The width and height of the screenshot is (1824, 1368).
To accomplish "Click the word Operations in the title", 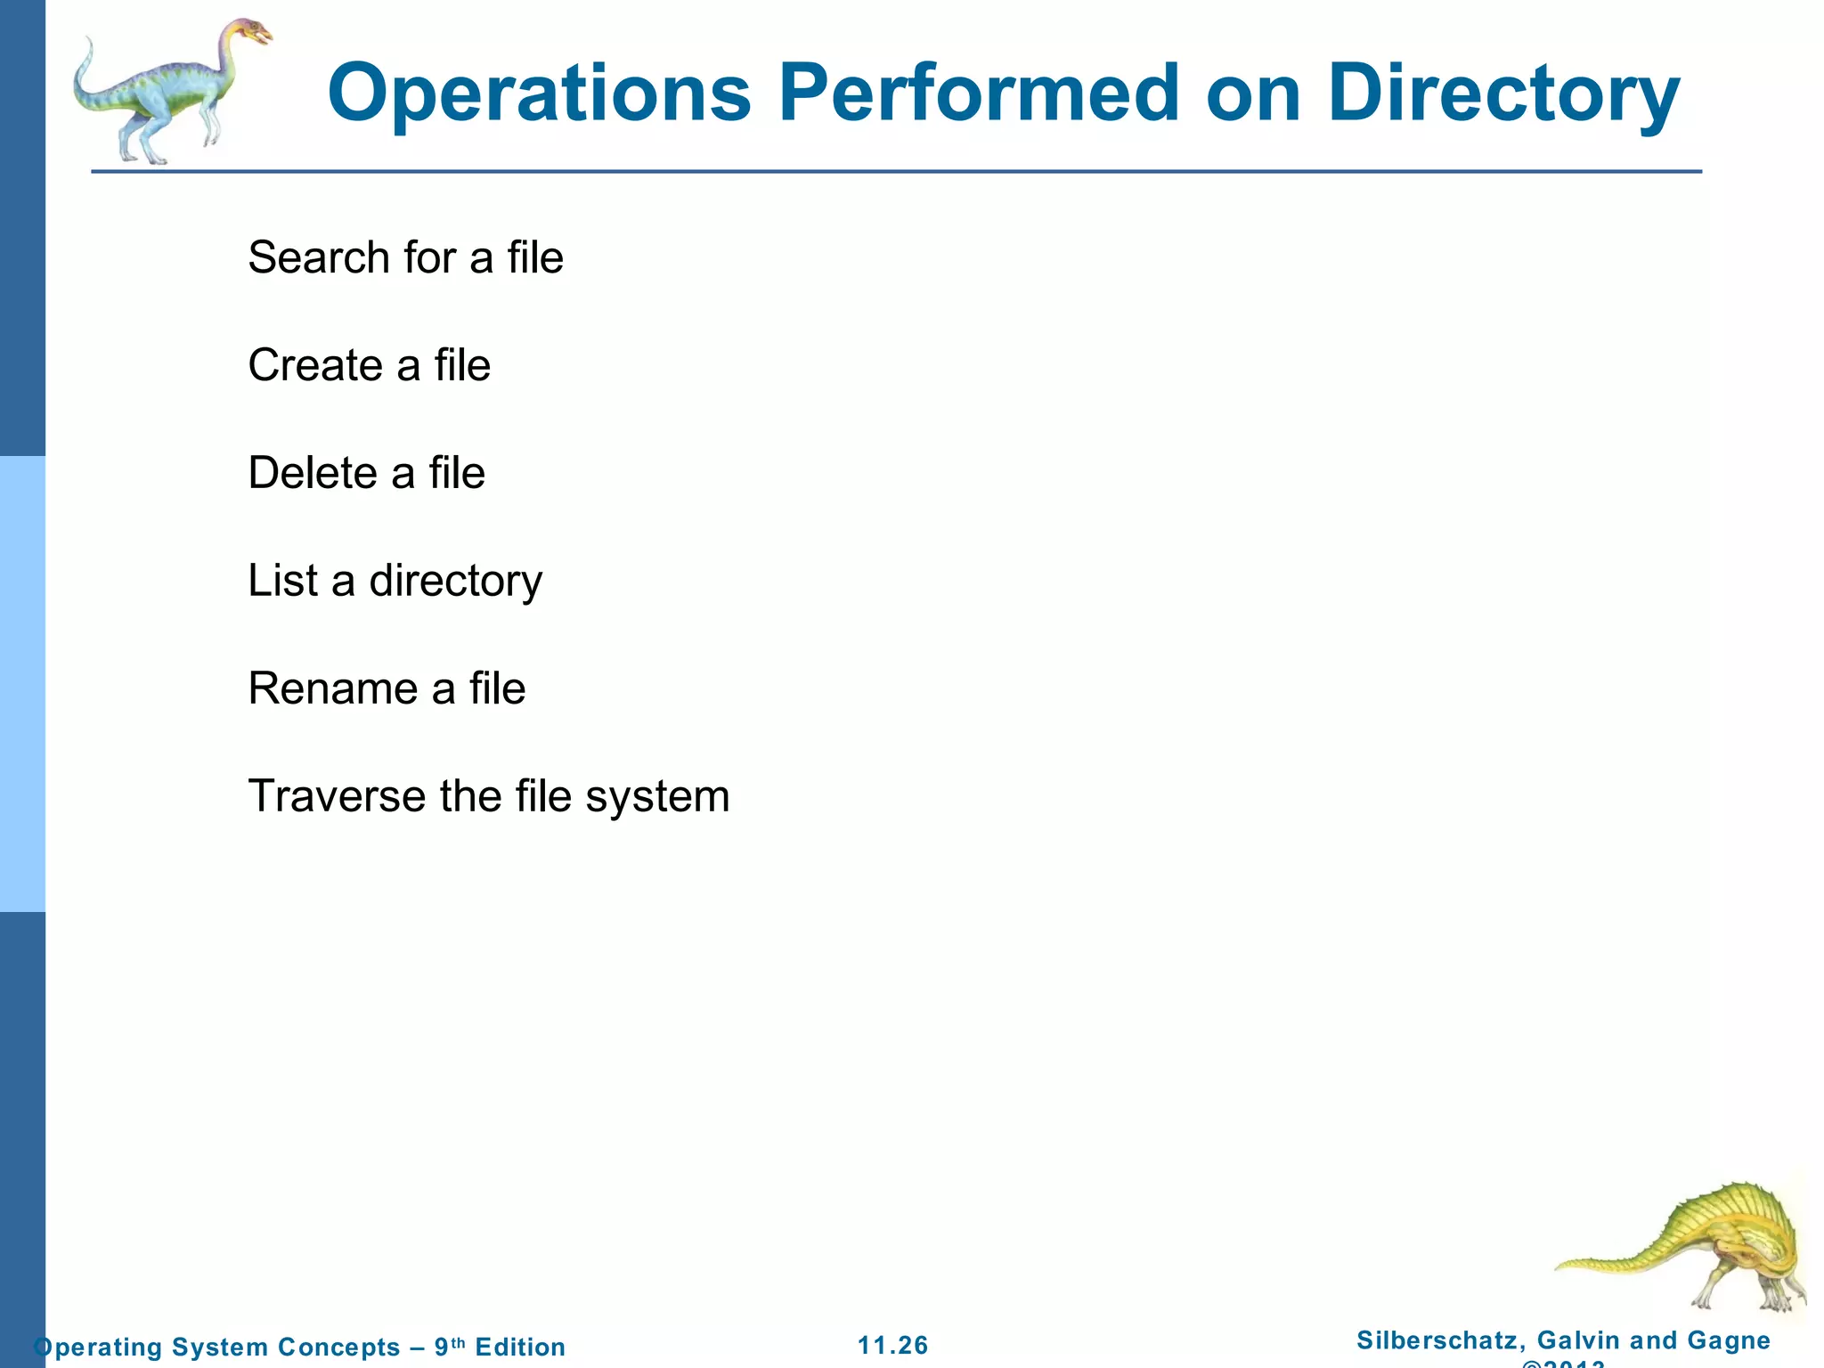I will pyautogui.click(x=540, y=94).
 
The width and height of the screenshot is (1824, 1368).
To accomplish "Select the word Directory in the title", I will pyautogui.click(x=1502, y=94).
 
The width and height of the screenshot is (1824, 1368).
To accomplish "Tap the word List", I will pyautogui.click(x=282, y=581).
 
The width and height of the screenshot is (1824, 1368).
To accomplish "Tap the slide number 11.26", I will pyautogui.click(x=892, y=1346).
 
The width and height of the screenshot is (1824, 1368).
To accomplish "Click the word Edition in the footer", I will pyautogui.click(x=520, y=1347).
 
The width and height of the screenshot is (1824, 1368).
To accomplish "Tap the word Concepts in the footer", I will pyautogui.click(x=338, y=1347).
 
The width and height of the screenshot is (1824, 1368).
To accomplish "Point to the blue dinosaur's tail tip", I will pyautogui.click(x=87, y=45).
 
